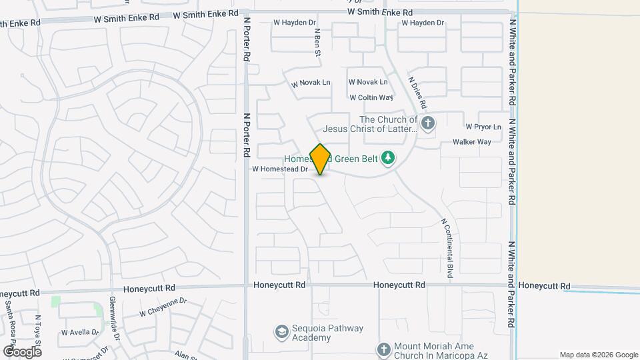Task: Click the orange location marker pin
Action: click(x=321, y=159)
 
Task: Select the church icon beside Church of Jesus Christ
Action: click(x=428, y=123)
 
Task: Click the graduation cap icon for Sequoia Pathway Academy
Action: click(x=281, y=331)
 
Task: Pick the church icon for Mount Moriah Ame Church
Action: click(x=383, y=349)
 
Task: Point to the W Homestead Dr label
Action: click(x=280, y=169)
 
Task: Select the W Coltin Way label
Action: click(x=371, y=97)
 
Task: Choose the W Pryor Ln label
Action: click(x=483, y=126)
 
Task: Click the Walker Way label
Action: click(x=472, y=142)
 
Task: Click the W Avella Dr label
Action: click(x=80, y=331)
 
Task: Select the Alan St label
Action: click(x=184, y=354)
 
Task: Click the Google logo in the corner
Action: click(x=22, y=351)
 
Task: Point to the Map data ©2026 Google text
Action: click(x=598, y=355)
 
